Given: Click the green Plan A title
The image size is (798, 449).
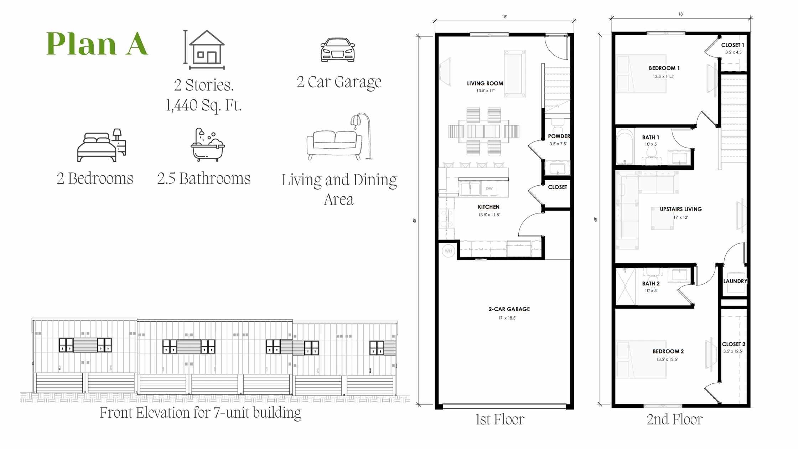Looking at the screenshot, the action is [97, 43].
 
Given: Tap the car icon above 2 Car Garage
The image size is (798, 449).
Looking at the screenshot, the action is [337, 50].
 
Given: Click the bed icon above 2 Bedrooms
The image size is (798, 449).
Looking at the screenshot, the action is [102, 145].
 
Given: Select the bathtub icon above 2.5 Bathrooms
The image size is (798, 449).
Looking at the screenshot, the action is [208, 145].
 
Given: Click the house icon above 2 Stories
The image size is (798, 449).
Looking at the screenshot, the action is [204, 50].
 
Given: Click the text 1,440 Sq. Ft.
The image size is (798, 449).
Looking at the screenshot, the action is [204, 105].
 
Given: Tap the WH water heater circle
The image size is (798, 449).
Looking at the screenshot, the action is [448, 251].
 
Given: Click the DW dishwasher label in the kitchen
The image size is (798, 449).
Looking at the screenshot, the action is [489, 189].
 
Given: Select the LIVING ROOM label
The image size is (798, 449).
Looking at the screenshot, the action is [485, 83].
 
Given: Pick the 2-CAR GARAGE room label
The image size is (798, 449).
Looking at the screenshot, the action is [509, 309].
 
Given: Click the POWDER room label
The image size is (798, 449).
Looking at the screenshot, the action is [559, 136].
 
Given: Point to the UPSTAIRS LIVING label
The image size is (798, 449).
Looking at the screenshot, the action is [681, 209].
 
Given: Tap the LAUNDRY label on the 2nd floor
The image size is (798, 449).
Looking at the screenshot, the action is [735, 281].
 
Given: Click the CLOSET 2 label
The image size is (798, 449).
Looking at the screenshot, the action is [734, 344].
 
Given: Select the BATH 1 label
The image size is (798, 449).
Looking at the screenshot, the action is [651, 137].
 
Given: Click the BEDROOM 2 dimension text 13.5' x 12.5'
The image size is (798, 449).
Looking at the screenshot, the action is [667, 359].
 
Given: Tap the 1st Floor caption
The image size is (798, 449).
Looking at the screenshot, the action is [500, 419].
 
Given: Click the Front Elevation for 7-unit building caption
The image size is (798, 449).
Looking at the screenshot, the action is [201, 413].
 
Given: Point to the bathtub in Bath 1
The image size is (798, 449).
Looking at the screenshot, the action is [625, 147].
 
